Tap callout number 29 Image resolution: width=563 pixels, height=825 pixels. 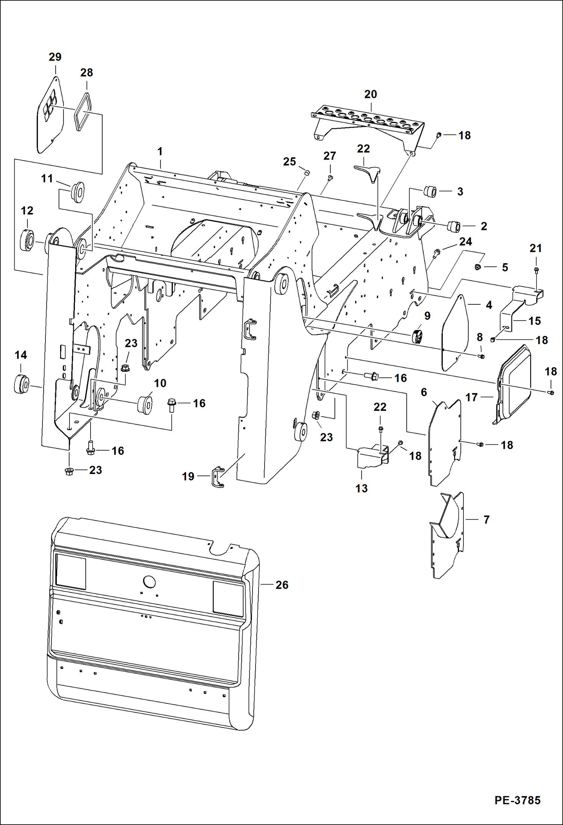(55, 57)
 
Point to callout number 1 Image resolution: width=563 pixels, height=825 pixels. (160, 152)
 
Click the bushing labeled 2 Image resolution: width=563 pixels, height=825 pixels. (453, 226)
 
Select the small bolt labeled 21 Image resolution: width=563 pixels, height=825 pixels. (536, 269)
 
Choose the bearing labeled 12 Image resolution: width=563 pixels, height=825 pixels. (27, 239)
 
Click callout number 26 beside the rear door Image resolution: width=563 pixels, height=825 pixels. (282, 585)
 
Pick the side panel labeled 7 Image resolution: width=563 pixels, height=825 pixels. (447, 536)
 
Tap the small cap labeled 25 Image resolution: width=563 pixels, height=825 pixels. (307, 172)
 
